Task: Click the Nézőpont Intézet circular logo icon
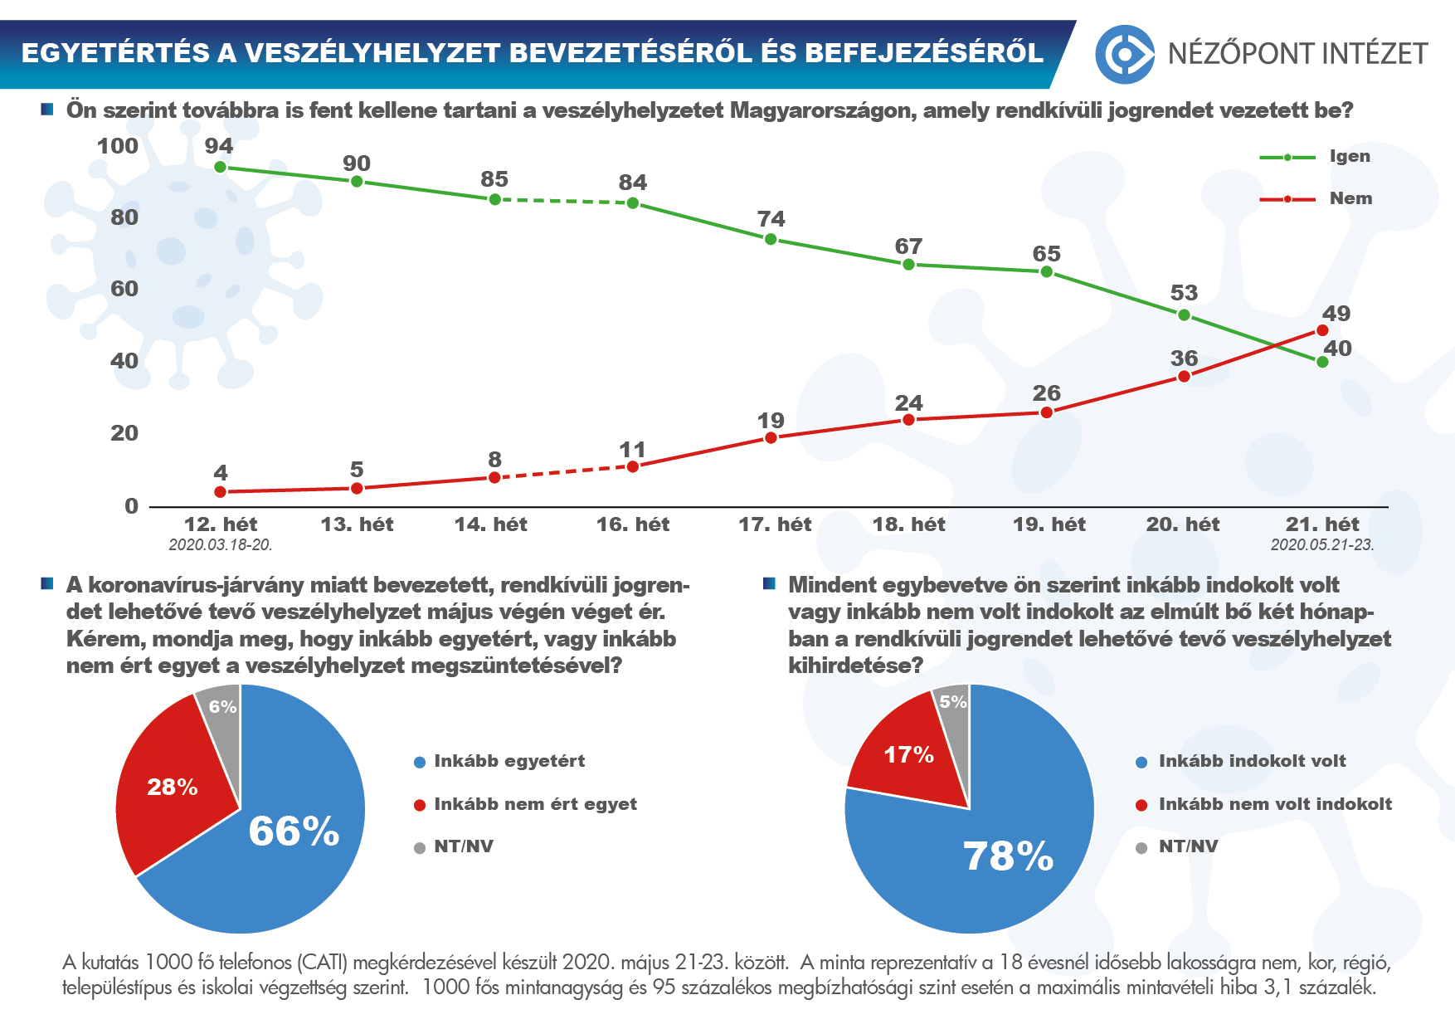(x=1124, y=54)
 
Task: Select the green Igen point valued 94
(x=220, y=167)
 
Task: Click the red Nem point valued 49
(x=1322, y=330)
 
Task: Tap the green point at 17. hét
(x=771, y=239)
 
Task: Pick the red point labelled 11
(x=633, y=466)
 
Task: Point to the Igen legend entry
(x=1349, y=156)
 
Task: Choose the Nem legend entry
(x=1350, y=198)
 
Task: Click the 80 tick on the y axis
(x=124, y=217)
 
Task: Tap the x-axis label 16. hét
(x=633, y=524)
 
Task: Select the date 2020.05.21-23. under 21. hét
(x=1322, y=545)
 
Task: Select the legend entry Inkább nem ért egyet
(x=535, y=804)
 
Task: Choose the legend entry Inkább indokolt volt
(x=1252, y=761)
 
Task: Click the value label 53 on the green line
(x=1184, y=293)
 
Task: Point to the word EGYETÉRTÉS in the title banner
(x=115, y=53)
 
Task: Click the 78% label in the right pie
(x=1008, y=856)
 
